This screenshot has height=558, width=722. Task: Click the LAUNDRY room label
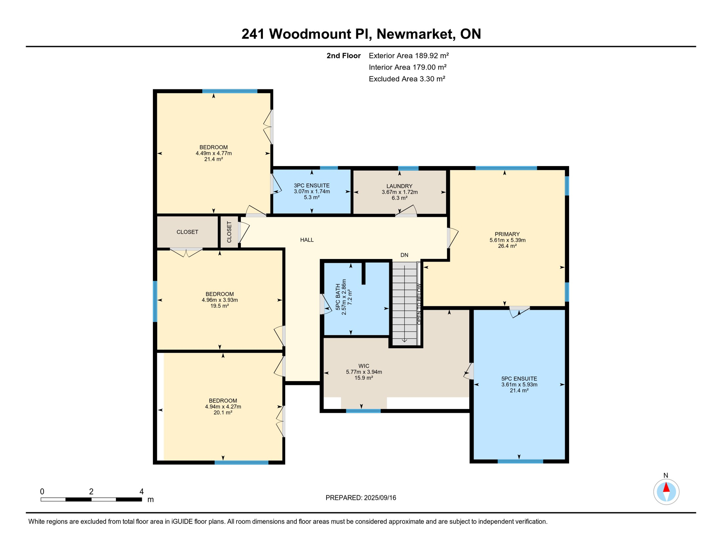pyautogui.click(x=399, y=186)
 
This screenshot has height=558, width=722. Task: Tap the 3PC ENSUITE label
pyautogui.click(x=312, y=186)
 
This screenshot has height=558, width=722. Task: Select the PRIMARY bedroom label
pyautogui.click(x=507, y=234)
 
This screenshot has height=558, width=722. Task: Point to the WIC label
pyautogui.click(x=364, y=366)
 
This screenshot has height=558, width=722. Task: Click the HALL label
pyautogui.click(x=307, y=240)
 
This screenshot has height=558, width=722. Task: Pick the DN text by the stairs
pyautogui.click(x=404, y=255)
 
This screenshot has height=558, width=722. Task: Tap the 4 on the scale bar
pyautogui.click(x=142, y=492)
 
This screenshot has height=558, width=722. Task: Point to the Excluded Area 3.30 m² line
pyautogui.click(x=407, y=79)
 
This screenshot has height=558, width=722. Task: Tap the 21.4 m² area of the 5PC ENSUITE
pyautogui.click(x=519, y=391)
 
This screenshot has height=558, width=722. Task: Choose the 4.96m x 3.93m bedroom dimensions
pyautogui.click(x=220, y=300)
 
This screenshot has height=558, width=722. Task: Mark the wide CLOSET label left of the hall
pyautogui.click(x=187, y=232)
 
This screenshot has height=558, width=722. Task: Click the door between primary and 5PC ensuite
pyautogui.click(x=519, y=311)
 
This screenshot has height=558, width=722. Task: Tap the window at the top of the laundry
pyautogui.click(x=408, y=168)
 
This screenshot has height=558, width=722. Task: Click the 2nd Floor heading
pyautogui.click(x=343, y=56)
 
